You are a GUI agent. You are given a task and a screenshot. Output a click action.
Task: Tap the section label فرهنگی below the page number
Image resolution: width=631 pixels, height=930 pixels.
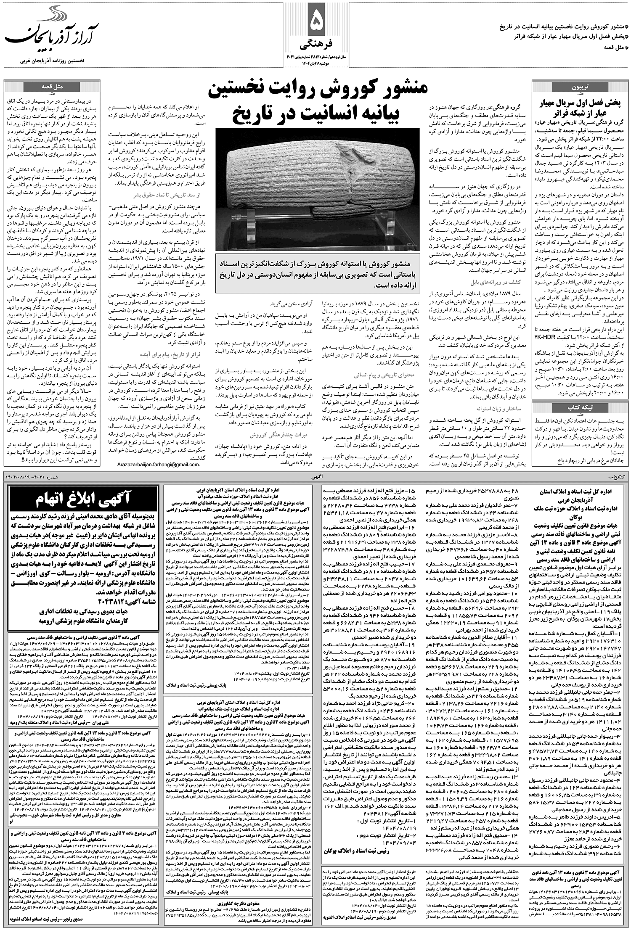point(316,43)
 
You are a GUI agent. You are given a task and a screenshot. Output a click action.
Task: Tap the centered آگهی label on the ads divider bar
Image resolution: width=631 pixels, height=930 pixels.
point(318,476)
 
